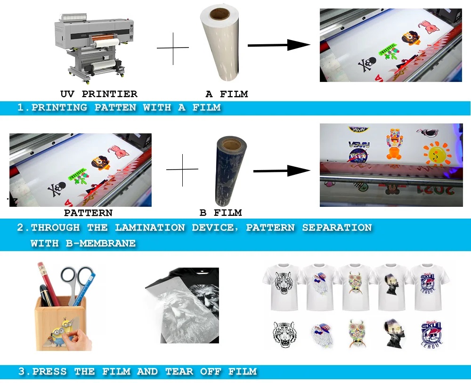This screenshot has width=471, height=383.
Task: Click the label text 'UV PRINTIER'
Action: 99,94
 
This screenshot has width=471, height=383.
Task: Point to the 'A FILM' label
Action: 227,94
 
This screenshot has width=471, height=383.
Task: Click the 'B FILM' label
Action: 221,213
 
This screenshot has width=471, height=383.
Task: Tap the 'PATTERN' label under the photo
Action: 88,213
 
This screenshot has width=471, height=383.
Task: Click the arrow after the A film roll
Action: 278,45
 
